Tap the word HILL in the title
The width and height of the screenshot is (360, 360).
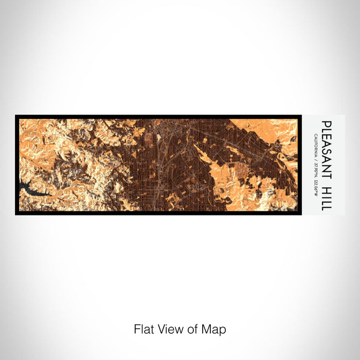[x=327, y=197]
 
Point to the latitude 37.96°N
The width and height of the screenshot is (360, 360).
[x=315, y=168]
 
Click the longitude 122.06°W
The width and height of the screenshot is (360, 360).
[x=315, y=186]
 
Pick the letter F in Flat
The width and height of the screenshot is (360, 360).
[x=137, y=329]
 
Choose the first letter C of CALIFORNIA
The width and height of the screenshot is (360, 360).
[x=315, y=134]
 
